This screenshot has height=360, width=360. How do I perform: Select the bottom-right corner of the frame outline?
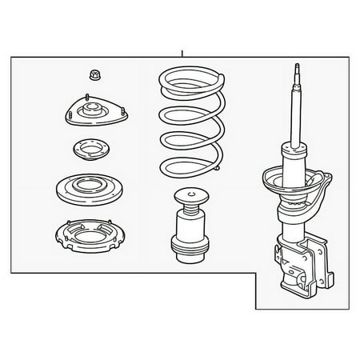348,310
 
